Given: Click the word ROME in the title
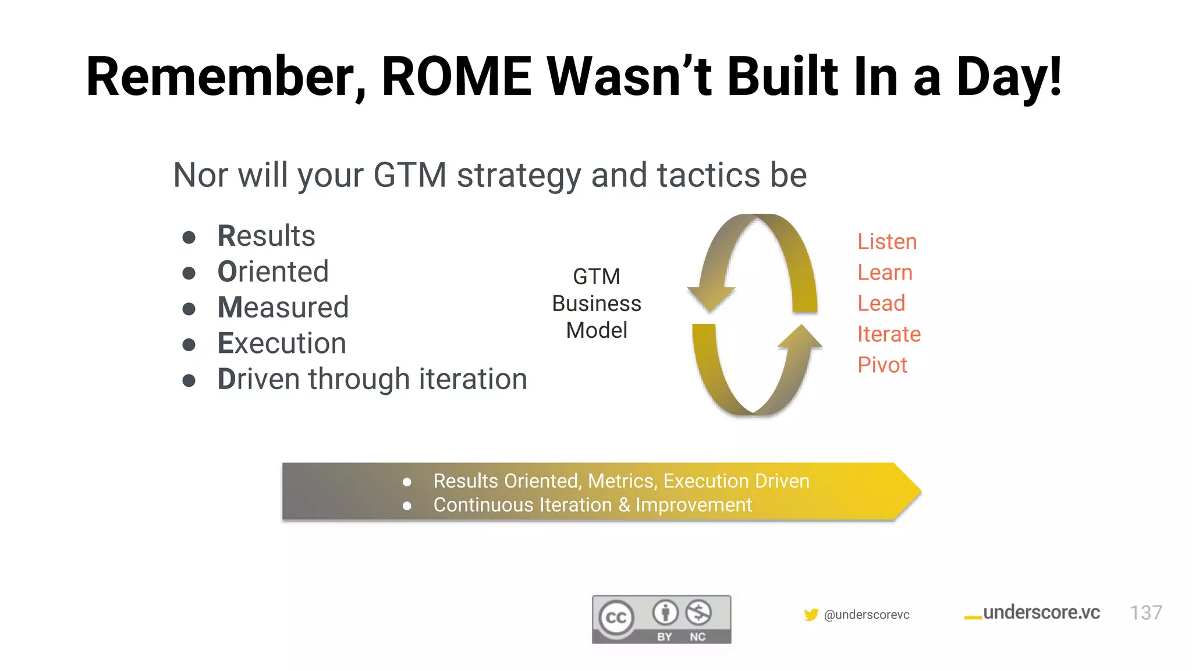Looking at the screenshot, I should (x=456, y=77).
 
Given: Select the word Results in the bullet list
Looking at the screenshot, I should (x=266, y=236).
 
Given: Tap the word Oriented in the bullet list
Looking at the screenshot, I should (x=273, y=272).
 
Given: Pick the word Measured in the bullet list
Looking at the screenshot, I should (x=283, y=308).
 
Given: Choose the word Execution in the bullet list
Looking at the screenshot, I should (x=282, y=343).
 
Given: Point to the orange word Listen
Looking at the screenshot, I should (x=886, y=242).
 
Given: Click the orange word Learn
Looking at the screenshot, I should (x=885, y=273).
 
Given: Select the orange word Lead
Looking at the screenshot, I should (x=881, y=303).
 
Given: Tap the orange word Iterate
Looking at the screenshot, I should (x=889, y=334).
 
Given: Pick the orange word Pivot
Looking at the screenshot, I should (x=882, y=365).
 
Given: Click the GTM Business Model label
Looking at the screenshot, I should (x=597, y=303).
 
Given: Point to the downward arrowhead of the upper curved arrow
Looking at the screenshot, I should (x=712, y=299).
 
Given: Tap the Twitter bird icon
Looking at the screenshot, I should (x=811, y=615).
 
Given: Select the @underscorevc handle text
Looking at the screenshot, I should (x=867, y=615).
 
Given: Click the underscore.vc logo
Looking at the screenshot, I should (x=1033, y=613).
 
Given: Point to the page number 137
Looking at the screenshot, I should (x=1145, y=613).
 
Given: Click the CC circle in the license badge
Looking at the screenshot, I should (x=616, y=617).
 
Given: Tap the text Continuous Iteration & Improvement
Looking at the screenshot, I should (x=593, y=505).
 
